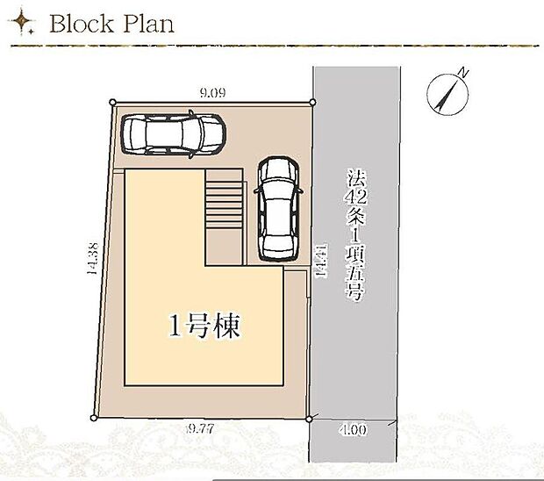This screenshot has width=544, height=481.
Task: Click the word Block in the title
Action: pyautogui.click(x=82, y=24)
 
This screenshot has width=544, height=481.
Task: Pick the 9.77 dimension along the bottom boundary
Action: pyautogui.click(x=204, y=430)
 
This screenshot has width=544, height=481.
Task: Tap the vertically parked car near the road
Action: pyautogui.click(x=278, y=207)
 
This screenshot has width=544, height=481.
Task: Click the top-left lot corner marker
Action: pyautogui.click(x=112, y=103)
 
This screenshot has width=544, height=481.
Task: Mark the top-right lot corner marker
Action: pyautogui.click(x=311, y=103)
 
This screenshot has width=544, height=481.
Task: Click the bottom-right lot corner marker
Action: pyautogui.click(x=310, y=419)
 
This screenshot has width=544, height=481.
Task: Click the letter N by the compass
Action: pyautogui.click(x=464, y=73)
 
